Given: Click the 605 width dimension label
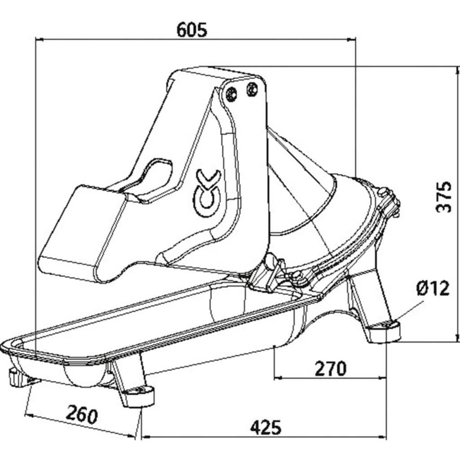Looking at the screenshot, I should [192, 30].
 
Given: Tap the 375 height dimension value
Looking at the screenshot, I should [444, 196].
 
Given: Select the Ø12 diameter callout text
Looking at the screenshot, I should [432, 288].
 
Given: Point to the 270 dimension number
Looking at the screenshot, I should [330, 368].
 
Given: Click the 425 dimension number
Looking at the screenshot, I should [265, 427].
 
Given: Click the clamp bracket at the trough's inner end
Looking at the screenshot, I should [269, 274].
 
